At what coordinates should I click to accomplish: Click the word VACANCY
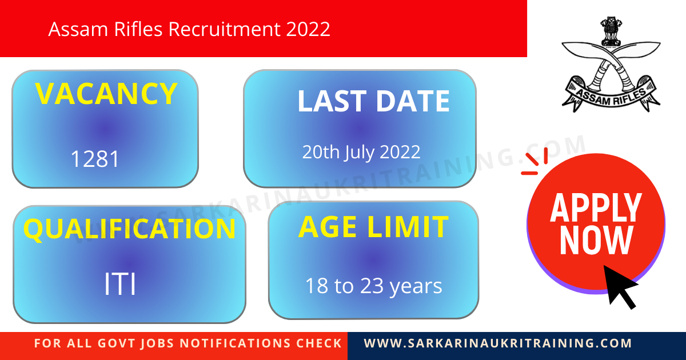coord(106,94)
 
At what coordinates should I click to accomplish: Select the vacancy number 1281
coord(95,159)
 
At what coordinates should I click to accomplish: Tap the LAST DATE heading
coord(373,102)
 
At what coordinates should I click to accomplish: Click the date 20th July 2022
coord(361,152)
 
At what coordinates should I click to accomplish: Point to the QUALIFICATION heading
coord(129,229)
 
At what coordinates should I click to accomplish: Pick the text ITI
coord(120,285)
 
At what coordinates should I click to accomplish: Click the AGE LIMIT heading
coord(373,227)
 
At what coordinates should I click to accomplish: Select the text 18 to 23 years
coord(373,286)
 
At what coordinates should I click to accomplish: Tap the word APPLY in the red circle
coord(596,208)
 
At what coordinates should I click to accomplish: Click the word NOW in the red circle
coord(596,241)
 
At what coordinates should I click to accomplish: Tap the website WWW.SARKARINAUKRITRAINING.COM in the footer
coord(498,343)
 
